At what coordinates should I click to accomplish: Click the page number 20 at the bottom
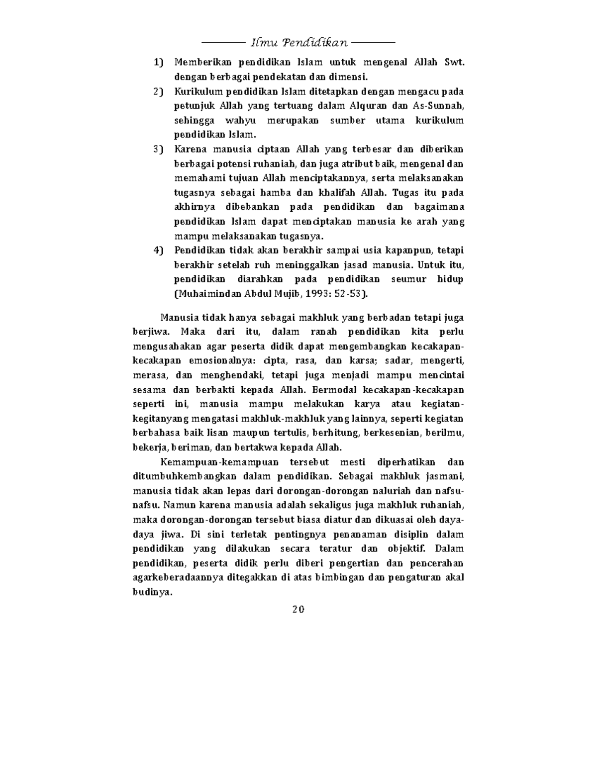point(298,609)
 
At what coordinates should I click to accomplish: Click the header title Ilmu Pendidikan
point(298,42)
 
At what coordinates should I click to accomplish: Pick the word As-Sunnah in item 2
point(438,106)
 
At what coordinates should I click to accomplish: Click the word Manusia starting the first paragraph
point(177,318)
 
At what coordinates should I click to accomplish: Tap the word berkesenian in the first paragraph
point(392,433)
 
